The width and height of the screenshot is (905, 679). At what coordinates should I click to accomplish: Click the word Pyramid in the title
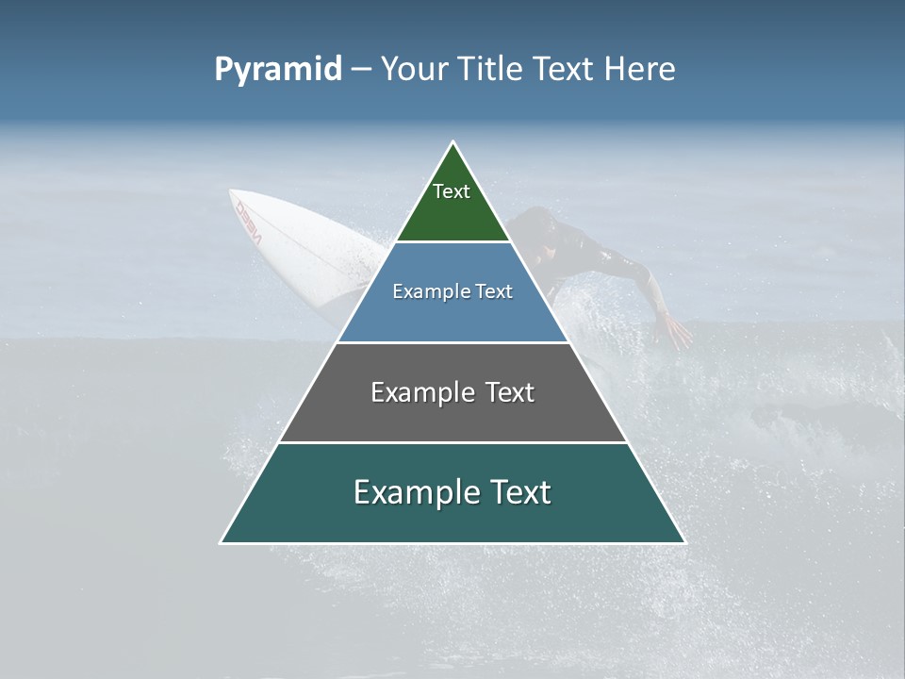277,70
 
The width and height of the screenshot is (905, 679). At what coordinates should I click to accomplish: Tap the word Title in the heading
494,70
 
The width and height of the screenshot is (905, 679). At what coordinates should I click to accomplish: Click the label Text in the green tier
452,191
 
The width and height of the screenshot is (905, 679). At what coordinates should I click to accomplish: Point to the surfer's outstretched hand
675,331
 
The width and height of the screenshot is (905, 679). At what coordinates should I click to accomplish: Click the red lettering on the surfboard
249,221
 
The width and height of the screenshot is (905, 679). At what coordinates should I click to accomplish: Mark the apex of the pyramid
453,142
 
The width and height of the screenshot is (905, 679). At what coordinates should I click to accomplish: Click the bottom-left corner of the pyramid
222,542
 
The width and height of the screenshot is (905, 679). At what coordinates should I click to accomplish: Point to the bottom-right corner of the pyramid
684,542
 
